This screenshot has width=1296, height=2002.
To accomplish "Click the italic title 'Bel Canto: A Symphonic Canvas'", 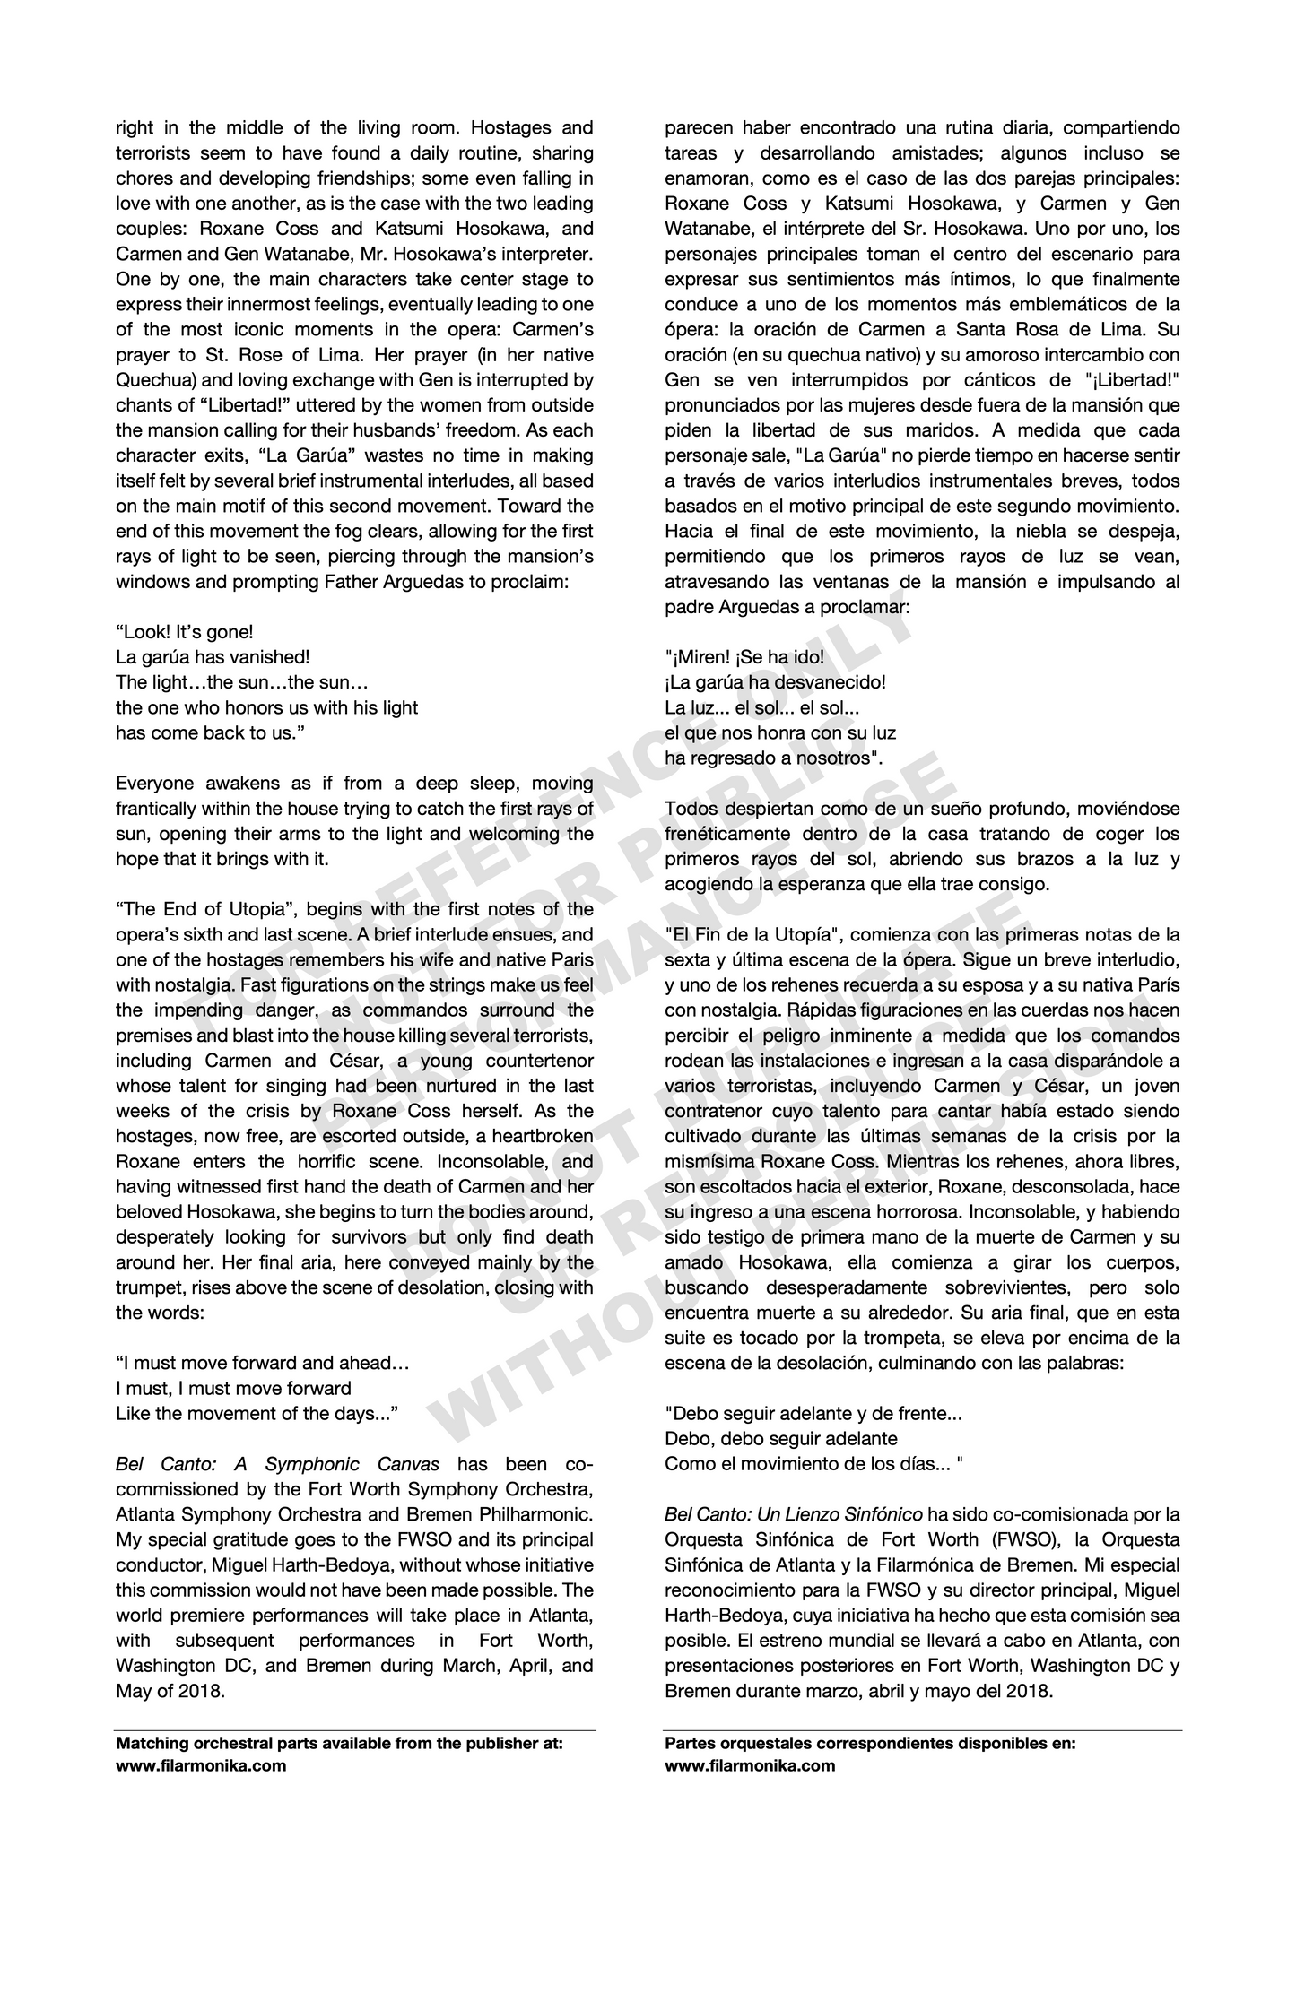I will (277, 1464).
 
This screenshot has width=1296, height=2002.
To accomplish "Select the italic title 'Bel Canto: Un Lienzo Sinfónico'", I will (793, 1514).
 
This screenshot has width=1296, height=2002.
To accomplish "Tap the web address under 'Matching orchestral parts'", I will (201, 1765).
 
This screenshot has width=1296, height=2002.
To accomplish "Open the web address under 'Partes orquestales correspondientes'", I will (750, 1765).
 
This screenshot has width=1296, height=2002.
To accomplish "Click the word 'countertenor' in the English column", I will (537, 1061).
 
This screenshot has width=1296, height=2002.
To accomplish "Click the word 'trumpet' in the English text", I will (145, 1288).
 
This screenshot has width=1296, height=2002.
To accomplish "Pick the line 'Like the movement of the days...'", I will (257, 1414).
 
